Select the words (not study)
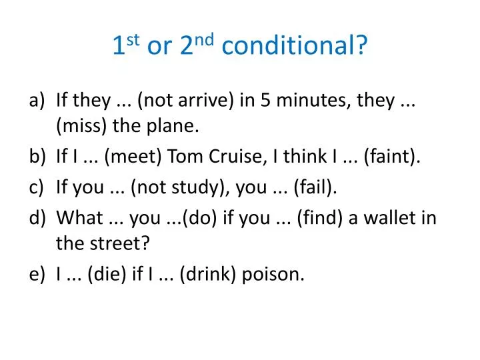click(172, 187)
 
